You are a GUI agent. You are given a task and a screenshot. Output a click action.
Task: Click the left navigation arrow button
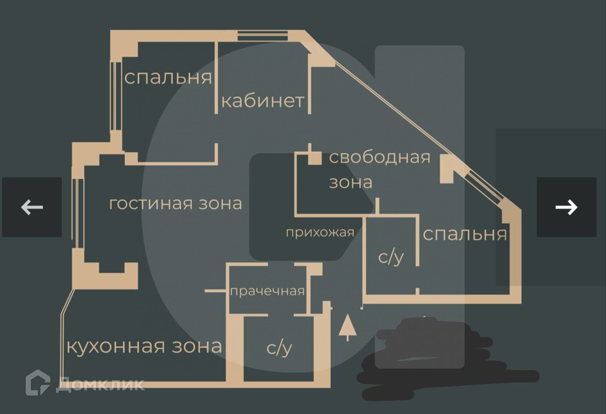pyautogui.click(x=32, y=207)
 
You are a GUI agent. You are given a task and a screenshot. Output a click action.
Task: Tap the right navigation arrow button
pyautogui.click(x=566, y=207)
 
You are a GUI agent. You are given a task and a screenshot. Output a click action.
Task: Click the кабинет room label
pyautogui.click(x=263, y=101)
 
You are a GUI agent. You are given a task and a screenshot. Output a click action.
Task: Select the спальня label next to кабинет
pyautogui.click(x=168, y=78)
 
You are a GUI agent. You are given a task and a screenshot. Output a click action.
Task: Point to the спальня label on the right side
pyautogui.click(x=464, y=234)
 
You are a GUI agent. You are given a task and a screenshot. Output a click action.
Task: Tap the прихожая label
pyautogui.click(x=320, y=232)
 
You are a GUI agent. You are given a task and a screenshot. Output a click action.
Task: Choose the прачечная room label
pyautogui.click(x=267, y=291)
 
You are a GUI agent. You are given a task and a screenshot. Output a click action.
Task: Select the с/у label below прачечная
pyautogui.click(x=279, y=348)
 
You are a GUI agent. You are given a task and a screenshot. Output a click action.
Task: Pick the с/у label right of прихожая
pyautogui.click(x=391, y=257)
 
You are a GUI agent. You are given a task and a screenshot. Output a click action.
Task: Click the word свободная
pyautogui.click(x=380, y=157)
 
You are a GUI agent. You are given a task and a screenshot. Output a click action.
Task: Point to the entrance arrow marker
pyautogui.click(x=347, y=327)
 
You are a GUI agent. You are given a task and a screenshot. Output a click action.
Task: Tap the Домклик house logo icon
pyautogui.click(x=38, y=383)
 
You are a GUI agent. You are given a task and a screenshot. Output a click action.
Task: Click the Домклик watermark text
pyautogui.click(x=101, y=385)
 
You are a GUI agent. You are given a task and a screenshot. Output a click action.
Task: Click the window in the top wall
pyautogui.click(x=263, y=36)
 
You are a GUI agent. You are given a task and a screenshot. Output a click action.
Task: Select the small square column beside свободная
pyautogui.click(x=315, y=157)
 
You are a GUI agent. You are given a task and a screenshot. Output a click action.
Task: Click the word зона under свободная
pyautogui.click(x=350, y=182)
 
